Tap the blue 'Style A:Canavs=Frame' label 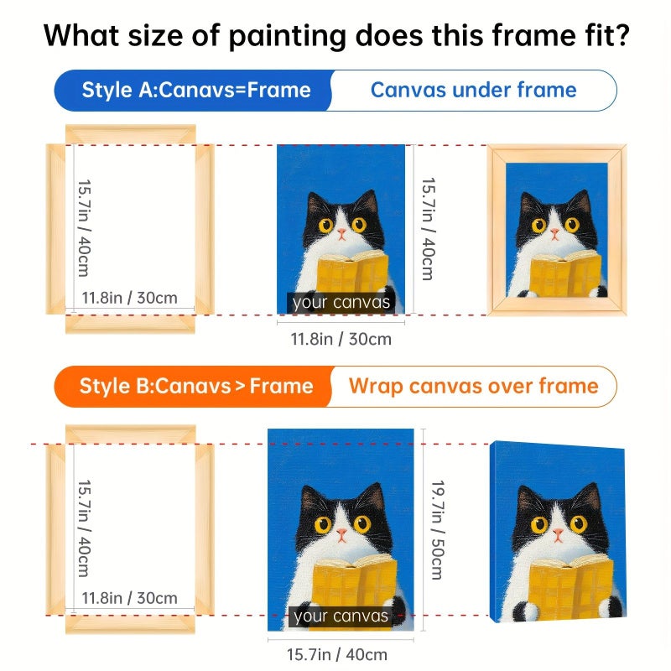click(x=196, y=91)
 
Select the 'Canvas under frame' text click(x=474, y=90)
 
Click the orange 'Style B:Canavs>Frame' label click(x=196, y=386)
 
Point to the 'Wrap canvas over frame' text click(x=473, y=386)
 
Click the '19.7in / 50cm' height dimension click(x=438, y=530)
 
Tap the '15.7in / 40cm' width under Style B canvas click(x=337, y=655)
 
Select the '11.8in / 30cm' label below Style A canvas click(x=341, y=340)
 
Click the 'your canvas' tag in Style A click(x=341, y=303)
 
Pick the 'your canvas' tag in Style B click(x=341, y=616)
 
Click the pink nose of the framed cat click(x=554, y=233)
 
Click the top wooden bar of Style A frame click(x=131, y=134)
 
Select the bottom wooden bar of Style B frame click(x=131, y=624)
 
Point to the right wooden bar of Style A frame click(x=205, y=229)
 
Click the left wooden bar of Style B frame click(x=55, y=530)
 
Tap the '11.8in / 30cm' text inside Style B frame click(x=129, y=598)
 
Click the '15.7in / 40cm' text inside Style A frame click(x=85, y=228)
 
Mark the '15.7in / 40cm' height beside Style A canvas click(x=429, y=229)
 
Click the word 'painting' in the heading click(x=287, y=36)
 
